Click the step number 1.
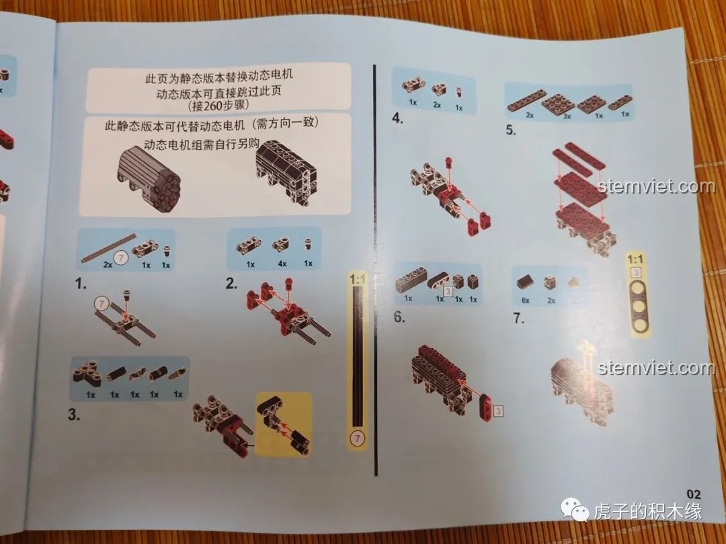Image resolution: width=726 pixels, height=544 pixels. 81,283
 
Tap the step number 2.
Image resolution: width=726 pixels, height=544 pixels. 231,283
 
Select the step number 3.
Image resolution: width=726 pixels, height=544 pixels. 74,414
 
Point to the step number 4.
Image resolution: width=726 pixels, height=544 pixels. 397,118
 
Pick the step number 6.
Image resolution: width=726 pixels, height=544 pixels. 399,317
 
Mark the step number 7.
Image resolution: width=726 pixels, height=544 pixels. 518,318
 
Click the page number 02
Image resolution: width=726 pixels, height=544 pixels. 694,494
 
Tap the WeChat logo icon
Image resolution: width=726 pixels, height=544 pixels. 574,510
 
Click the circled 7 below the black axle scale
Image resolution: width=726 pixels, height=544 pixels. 357,438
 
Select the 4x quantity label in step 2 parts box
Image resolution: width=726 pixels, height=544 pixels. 282,264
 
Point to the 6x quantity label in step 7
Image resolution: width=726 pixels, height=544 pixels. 526,301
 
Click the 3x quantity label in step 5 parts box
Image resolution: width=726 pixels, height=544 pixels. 567,116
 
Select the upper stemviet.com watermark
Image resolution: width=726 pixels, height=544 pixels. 657,186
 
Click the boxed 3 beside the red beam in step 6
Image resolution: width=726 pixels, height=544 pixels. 498,411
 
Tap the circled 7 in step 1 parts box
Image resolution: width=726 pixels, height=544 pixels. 120,257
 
